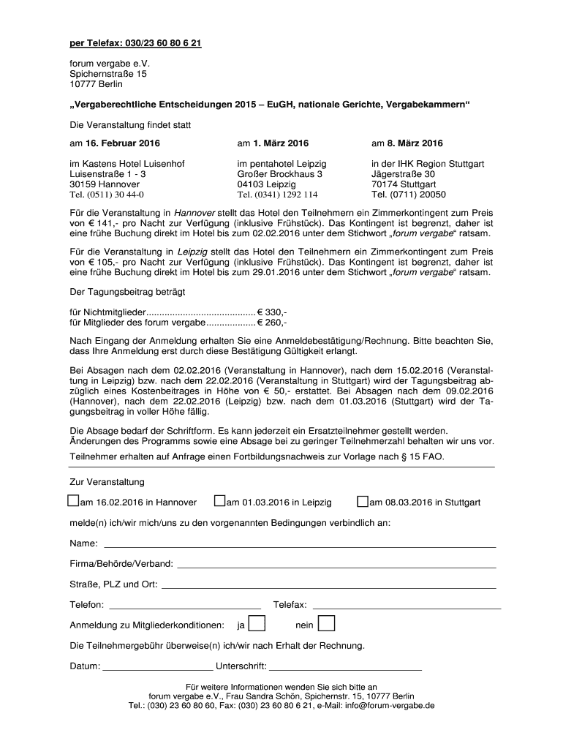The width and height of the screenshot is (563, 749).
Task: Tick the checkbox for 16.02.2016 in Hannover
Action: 72,501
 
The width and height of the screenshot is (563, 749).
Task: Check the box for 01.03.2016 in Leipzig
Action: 219,501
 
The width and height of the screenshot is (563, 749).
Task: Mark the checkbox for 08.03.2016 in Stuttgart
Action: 362,501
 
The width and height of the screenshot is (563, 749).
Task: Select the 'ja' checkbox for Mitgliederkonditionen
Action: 257,624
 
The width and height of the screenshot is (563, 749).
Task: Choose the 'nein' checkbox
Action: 327,624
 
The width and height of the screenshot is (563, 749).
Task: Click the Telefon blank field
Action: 184,606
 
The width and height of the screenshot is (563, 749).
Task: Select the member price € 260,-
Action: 272,323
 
